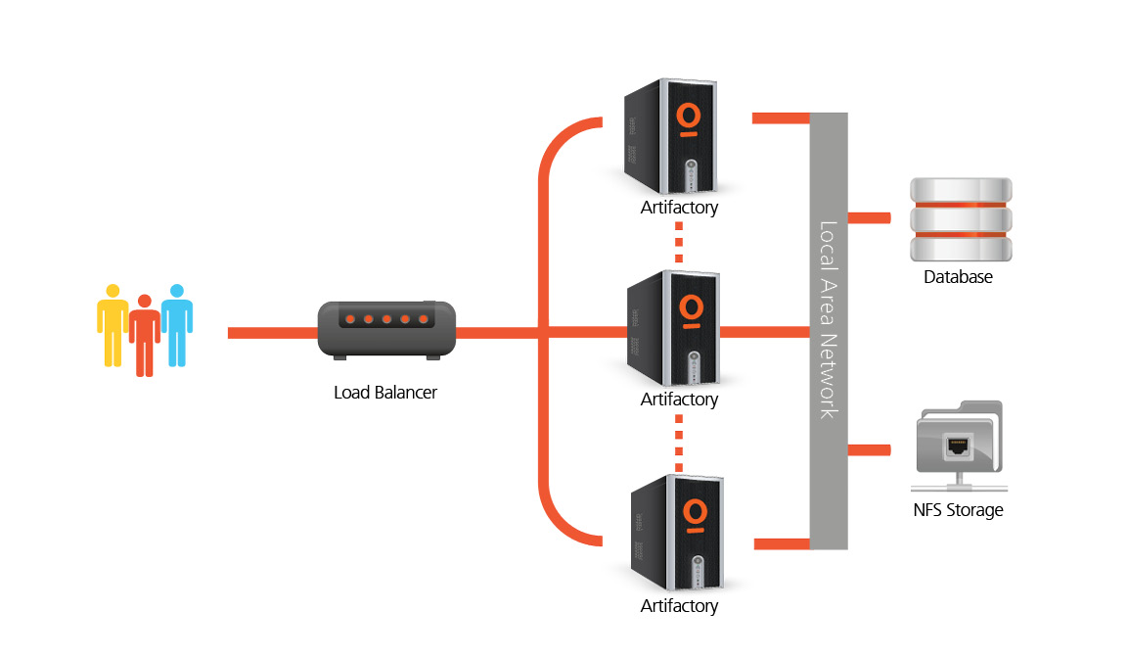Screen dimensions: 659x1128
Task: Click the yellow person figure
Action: pos(113,323)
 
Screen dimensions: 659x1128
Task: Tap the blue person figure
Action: pos(177,323)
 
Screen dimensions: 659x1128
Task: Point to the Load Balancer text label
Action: pos(385,393)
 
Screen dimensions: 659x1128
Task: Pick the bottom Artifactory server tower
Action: pos(674,532)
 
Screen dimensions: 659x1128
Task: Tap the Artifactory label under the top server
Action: pos(679,208)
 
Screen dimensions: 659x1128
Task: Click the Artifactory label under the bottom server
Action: pos(679,606)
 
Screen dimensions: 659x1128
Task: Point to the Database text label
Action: pos(958,277)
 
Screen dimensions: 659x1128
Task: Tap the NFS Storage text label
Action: pos(958,510)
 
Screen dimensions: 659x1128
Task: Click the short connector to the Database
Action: pos(869,216)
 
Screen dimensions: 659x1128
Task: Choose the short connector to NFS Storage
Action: pos(869,449)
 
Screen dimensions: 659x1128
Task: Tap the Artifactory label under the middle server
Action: pos(679,400)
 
